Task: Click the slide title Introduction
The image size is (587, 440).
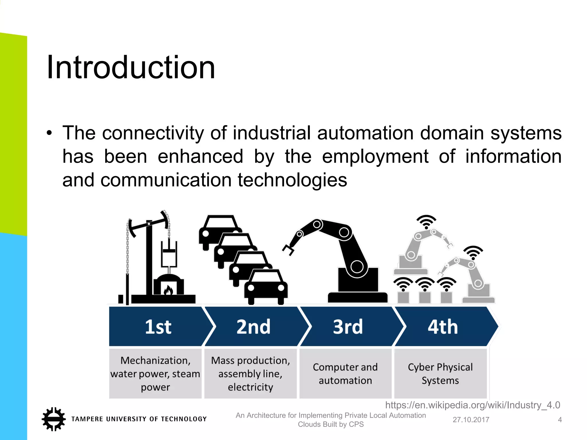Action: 131,68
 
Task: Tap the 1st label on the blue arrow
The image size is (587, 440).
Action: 158,327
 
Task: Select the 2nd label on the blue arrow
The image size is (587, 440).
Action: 253,327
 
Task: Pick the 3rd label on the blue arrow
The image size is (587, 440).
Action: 348,327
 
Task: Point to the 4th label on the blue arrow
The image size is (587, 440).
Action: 443,327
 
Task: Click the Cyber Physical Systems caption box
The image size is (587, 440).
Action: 440,374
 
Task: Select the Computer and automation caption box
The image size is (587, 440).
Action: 345,374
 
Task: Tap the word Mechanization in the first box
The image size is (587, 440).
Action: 155,360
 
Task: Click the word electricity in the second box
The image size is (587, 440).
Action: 250,387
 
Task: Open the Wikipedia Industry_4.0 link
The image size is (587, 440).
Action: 472,405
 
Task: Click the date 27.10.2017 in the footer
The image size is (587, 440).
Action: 471,420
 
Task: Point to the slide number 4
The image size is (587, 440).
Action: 560,420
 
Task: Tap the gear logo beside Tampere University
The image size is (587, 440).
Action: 54,419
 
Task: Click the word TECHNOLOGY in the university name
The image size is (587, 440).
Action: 184,419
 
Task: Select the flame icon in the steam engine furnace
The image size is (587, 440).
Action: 168,290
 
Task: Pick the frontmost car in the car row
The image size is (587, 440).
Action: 266,286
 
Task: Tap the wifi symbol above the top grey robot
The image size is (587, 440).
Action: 426,221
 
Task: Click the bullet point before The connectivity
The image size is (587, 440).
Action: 50,133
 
